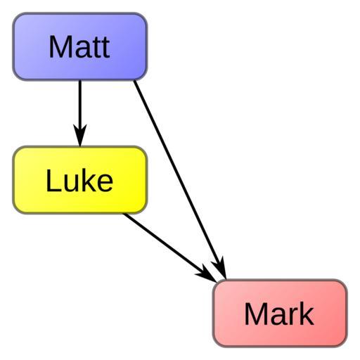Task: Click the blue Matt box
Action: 80,46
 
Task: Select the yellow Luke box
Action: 80,180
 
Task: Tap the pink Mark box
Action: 280,313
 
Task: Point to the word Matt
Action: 79,46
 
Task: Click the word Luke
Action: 79,180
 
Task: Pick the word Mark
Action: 279,314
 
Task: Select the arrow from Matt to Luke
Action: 80,113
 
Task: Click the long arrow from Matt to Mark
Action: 180,180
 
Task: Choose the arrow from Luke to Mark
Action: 171,247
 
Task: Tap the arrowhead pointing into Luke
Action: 80,135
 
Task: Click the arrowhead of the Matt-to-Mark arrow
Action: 220,269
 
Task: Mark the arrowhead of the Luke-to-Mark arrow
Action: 207,274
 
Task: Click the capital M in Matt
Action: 58,46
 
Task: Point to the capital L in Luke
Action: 53,180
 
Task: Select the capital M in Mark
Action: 254,314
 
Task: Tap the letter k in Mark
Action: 307,314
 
